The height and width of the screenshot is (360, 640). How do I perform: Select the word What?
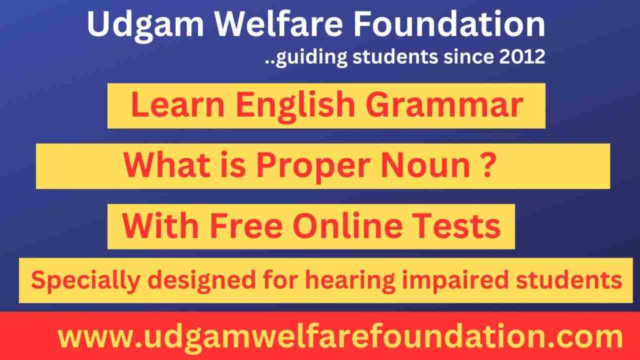click(x=164, y=166)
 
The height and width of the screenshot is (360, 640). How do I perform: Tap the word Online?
click(x=356, y=226)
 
